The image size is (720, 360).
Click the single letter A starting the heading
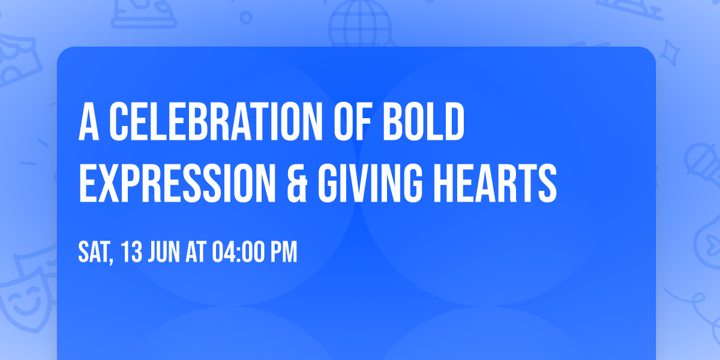[89, 122]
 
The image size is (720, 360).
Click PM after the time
[283, 253]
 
